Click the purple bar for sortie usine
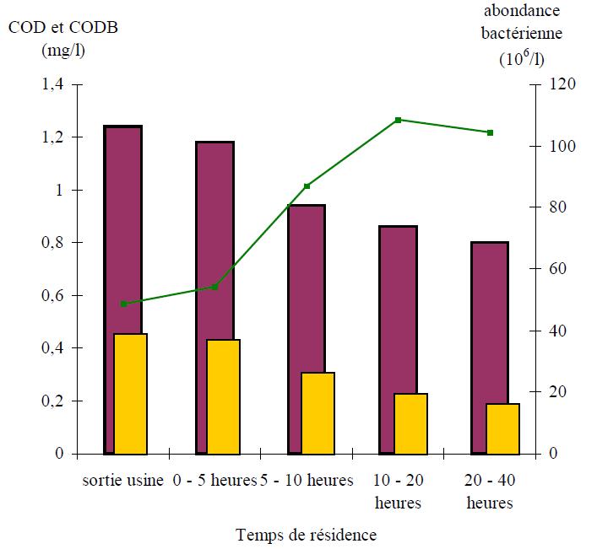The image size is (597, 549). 122,228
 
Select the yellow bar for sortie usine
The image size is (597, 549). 131,394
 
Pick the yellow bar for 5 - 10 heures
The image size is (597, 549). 317,413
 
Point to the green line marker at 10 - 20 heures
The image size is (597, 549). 398,120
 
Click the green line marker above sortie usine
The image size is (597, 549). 123,304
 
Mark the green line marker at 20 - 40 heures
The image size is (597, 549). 490,132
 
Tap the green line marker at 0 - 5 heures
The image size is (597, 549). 214,287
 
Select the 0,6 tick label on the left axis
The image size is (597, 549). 53,296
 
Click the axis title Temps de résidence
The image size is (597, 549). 307,535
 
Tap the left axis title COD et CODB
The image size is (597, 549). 63,27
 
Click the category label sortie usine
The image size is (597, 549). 123,482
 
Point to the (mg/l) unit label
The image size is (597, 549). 63,50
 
